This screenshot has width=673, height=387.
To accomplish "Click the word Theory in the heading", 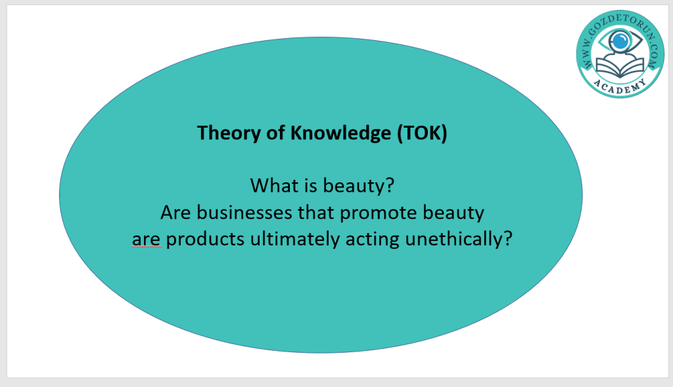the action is pos(228,133).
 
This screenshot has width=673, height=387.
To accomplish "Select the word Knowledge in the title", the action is pos(341,133).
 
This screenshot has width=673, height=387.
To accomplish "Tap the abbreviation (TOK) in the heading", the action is pos(423,133).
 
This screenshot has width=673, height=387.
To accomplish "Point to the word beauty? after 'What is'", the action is pos(358,186).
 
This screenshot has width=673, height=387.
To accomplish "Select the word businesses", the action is pos(244,213).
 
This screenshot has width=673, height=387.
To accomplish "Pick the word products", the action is pos(205,240).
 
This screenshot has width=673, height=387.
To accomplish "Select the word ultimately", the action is pos(295,240).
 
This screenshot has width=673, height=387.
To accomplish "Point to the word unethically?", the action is pos(459,240).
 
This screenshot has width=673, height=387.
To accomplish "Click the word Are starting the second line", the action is pos(175,213).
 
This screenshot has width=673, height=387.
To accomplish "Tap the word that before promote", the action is pos(316,213).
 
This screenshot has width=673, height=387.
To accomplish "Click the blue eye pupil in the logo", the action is pos(620,41).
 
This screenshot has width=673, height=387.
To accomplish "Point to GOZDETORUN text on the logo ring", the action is pos(620,20).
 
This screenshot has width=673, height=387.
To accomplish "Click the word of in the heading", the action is pos(275,133).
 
